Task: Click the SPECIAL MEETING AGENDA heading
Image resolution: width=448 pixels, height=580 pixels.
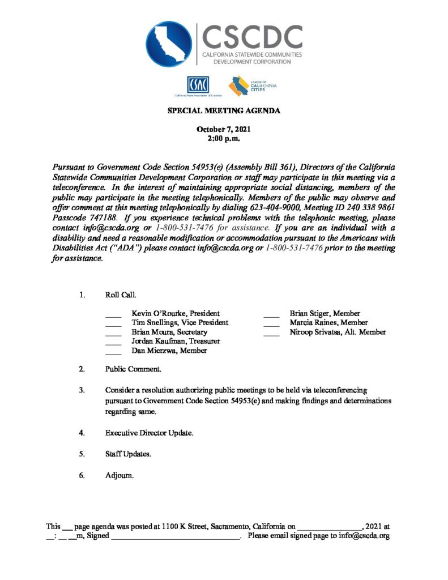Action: click(224, 111)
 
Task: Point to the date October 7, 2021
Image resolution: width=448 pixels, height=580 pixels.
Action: click(224, 130)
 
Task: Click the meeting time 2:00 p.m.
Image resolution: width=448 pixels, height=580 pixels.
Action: click(224, 138)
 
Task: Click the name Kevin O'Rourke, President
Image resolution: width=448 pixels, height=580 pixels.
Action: click(176, 313)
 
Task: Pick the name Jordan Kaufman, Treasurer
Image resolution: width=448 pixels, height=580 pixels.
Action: click(176, 341)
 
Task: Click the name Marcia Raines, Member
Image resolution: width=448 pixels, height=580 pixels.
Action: click(328, 322)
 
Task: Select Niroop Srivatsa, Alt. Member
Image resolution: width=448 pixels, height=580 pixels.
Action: click(338, 332)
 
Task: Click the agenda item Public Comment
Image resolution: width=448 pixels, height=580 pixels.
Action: click(133, 369)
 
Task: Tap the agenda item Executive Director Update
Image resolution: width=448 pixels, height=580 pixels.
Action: click(149, 433)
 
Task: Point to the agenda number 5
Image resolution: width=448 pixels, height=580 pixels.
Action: click(82, 454)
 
